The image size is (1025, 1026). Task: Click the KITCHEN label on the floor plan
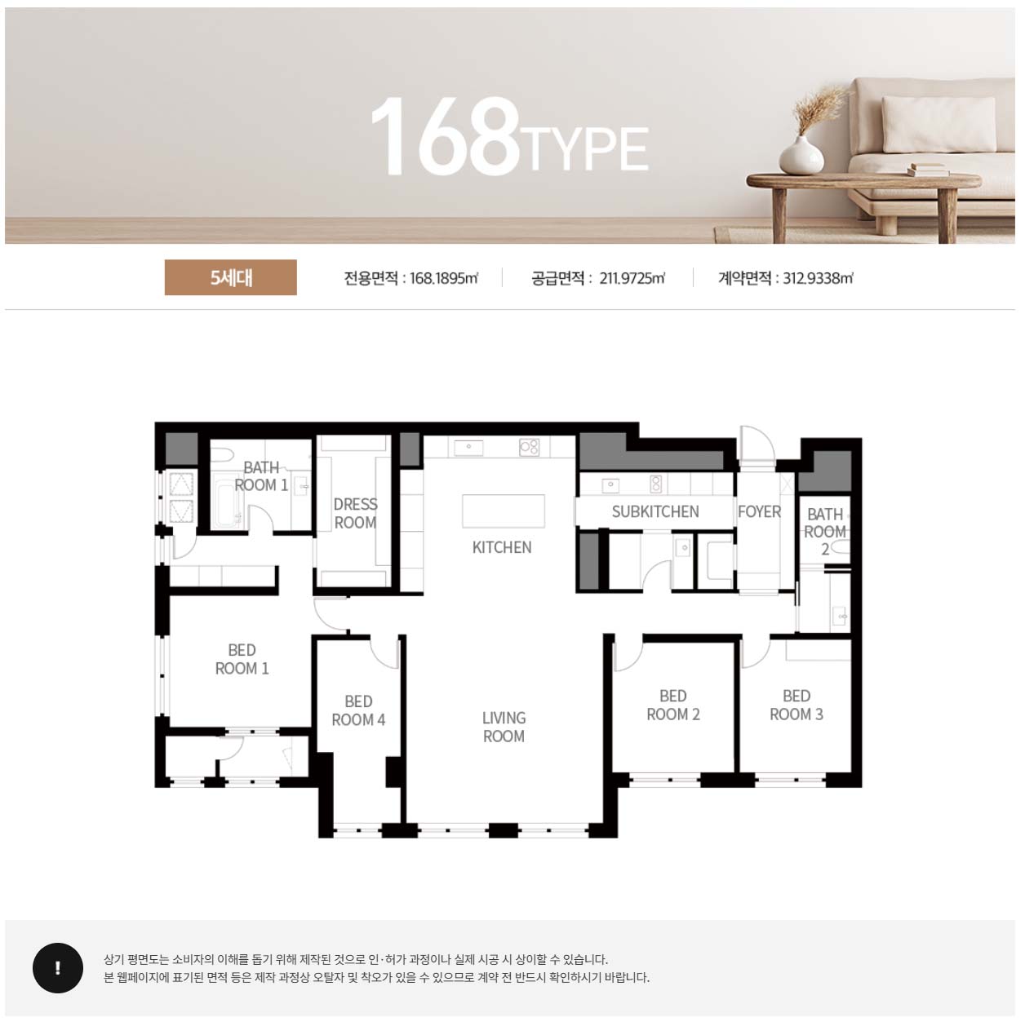[502, 547]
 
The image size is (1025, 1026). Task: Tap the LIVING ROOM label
[504, 727]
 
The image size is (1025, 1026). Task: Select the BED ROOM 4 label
[358, 711]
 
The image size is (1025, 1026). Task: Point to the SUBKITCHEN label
[655, 511]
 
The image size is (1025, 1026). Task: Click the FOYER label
[760, 511]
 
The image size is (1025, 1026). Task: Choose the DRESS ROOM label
[356, 513]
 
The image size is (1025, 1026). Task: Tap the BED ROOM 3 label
[796, 705]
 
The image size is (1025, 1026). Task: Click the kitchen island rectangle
[504, 511]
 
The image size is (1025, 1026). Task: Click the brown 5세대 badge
[231, 277]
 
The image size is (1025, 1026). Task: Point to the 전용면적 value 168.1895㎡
[444, 278]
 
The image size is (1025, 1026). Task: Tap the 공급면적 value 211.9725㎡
[632, 278]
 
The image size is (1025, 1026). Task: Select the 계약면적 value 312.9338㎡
[818, 278]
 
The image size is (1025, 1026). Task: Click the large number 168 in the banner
[445, 137]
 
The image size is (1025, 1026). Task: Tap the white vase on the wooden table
[801, 155]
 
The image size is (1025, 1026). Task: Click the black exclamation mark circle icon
[58, 968]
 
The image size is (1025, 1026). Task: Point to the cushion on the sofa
[938, 125]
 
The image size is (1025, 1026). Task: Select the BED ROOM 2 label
[673, 705]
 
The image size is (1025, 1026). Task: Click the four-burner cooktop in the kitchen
[530, 447]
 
